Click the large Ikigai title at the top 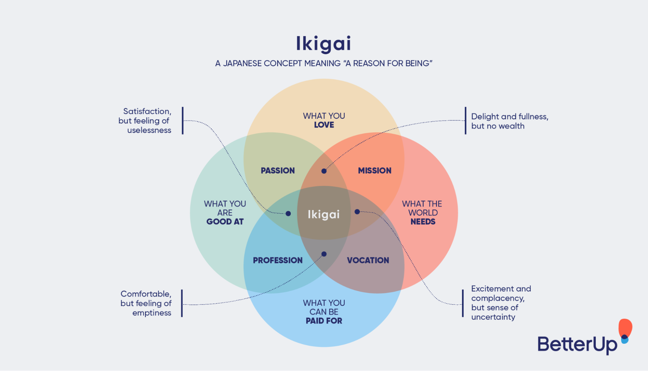(x=324, y=44)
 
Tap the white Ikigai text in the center (x=324, y=214)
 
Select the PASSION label (x=278, y=170)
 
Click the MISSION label (x=375, y=170)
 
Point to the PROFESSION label (x=278, y=260)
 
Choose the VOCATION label (x=368, y=260)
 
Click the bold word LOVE (x=324, y=125)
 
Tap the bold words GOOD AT (x=225, y=222)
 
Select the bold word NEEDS (x=423, y=222)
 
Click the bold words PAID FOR (x=324, y=321)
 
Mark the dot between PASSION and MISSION (x=324, y=171)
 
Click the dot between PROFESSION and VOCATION (x=324, y=254)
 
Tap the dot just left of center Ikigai (x=288, y=214)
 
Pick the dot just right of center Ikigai (x=357, y=212)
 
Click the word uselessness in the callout (x=149, y=130)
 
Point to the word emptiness (x=152, y=313)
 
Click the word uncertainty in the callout (x=493, y=317)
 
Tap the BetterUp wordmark (x=577, y=344)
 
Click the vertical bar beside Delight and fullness (x=465, y=120)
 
